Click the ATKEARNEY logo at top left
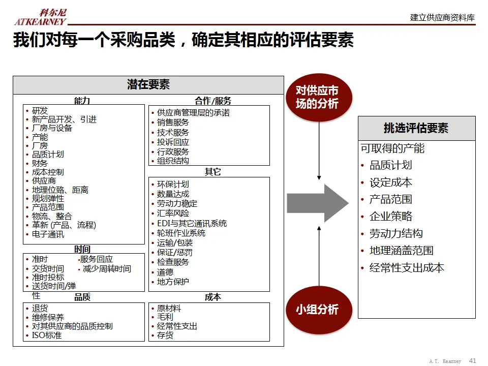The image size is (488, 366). tap(40, 17)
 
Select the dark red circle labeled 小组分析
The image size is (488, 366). tap(317, 310)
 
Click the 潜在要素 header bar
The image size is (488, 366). tap(148, 85)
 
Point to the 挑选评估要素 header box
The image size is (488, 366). tap(416, 128)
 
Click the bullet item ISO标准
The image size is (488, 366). tap(46, 335)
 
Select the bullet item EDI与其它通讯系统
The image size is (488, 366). tap(192, 223)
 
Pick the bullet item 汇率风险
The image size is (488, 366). tap(173, 213)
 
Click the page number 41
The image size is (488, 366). tap(472, 360)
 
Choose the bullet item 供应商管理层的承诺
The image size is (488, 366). tap(193, 113)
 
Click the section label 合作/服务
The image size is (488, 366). tap(212, 101)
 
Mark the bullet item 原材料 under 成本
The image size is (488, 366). tap(169, 308)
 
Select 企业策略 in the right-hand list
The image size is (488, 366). tap(390, 217)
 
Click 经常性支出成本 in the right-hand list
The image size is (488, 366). tap(407, 268)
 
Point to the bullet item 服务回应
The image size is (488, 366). tap(97, 259)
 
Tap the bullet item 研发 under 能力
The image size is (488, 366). tap(40, 111)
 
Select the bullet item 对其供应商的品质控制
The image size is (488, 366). tap(72, 326)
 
